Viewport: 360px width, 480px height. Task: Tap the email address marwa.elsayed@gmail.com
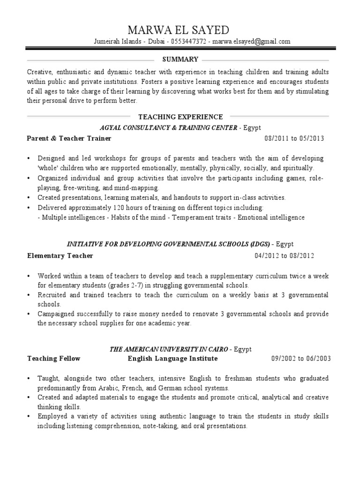click(251, 41)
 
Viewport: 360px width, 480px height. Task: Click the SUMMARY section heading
click(180, 60)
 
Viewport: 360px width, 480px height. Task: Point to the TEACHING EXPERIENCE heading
click(180, 117)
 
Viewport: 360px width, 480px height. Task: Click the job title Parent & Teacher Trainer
click(69, 139)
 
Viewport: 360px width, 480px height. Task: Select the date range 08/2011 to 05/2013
click(294, 139)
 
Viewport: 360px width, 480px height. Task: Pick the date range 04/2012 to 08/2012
click(285, 255)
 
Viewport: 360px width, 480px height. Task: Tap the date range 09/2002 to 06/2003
click(301, 359)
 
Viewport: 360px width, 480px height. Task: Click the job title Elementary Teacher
click(60, 255)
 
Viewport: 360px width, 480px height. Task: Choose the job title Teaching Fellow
click(54, 359)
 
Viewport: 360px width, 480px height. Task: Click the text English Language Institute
click(173, 359)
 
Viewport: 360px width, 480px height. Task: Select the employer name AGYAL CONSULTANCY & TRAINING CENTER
click(168, 127)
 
